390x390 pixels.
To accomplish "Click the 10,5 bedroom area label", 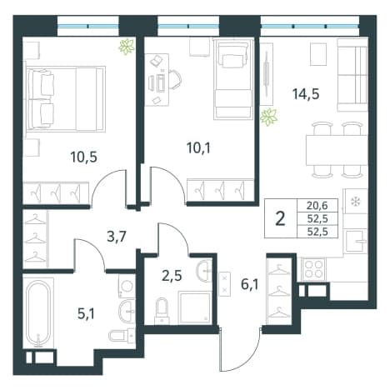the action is coord(83,157).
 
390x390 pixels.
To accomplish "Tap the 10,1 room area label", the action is coord(198,148).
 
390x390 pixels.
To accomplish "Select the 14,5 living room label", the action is coord(306,94).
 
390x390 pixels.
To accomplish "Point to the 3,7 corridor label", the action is coord(117,237).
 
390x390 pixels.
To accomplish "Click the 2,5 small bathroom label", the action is coord(172,277).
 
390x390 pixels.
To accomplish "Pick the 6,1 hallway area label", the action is coord(250,285).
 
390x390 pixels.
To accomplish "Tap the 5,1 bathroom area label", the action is coord(86,314).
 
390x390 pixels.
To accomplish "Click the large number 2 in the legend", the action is coord(281,218).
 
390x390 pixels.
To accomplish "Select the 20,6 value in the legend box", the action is coord(317,206).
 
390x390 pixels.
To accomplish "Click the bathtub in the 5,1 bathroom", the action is coord(38,313).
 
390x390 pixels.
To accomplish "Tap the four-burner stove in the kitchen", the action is coord(313,268).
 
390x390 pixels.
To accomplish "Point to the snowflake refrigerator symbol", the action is coord(355,202).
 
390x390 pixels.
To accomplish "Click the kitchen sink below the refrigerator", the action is coord(354,241).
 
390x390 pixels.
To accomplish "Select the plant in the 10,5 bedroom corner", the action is coord(127,47).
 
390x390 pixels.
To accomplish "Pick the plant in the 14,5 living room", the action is coord(269,117).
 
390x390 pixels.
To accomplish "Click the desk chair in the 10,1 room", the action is coord(174,80).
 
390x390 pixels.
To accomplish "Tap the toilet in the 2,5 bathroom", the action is coord(162,311).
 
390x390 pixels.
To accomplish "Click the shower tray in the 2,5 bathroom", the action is coord(195,307).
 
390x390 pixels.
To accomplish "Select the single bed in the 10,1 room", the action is coord(233,79).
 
